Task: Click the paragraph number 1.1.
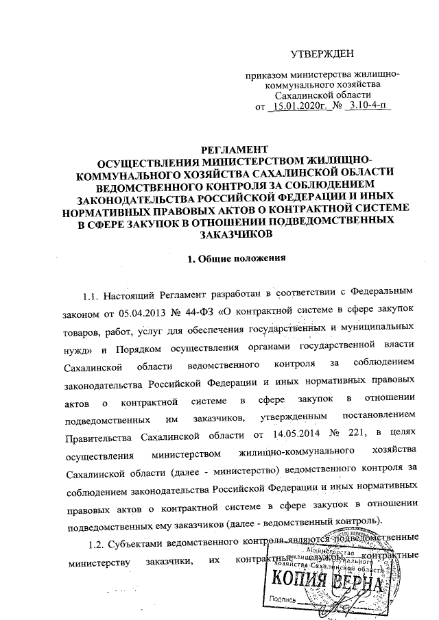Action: coord(92,295)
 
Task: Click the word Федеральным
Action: coord(384,295)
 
